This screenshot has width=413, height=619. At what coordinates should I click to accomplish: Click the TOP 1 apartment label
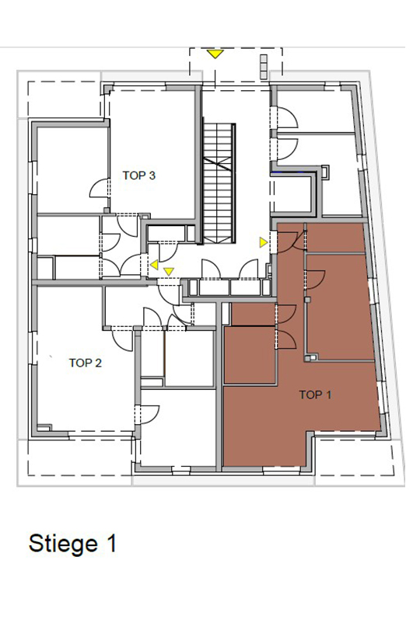315,395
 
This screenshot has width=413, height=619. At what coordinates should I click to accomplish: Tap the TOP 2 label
86,363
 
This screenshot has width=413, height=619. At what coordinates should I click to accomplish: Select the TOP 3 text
138,176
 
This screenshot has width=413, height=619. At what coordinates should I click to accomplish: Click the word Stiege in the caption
63,543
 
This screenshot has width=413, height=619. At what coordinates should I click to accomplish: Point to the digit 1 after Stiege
112,542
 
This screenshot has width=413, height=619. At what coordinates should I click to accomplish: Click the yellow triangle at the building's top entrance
215,54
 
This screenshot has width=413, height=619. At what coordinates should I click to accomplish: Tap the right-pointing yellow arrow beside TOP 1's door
264,242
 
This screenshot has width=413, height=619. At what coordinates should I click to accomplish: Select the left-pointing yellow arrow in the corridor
154,265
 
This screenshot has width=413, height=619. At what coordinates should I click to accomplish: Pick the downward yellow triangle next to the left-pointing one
169,271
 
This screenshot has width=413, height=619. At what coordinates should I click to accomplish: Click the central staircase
219,183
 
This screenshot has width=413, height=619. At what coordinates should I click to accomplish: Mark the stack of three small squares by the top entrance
264,66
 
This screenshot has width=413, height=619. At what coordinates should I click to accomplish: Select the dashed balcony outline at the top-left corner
64,99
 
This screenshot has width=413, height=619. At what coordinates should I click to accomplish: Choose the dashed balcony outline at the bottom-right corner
355,457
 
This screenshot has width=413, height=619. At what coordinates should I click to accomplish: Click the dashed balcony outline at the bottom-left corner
82,457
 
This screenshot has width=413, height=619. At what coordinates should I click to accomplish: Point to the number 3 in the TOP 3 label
152,176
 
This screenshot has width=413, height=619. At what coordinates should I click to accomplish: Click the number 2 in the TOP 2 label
99,363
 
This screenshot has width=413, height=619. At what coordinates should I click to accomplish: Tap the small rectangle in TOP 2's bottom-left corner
44,427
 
